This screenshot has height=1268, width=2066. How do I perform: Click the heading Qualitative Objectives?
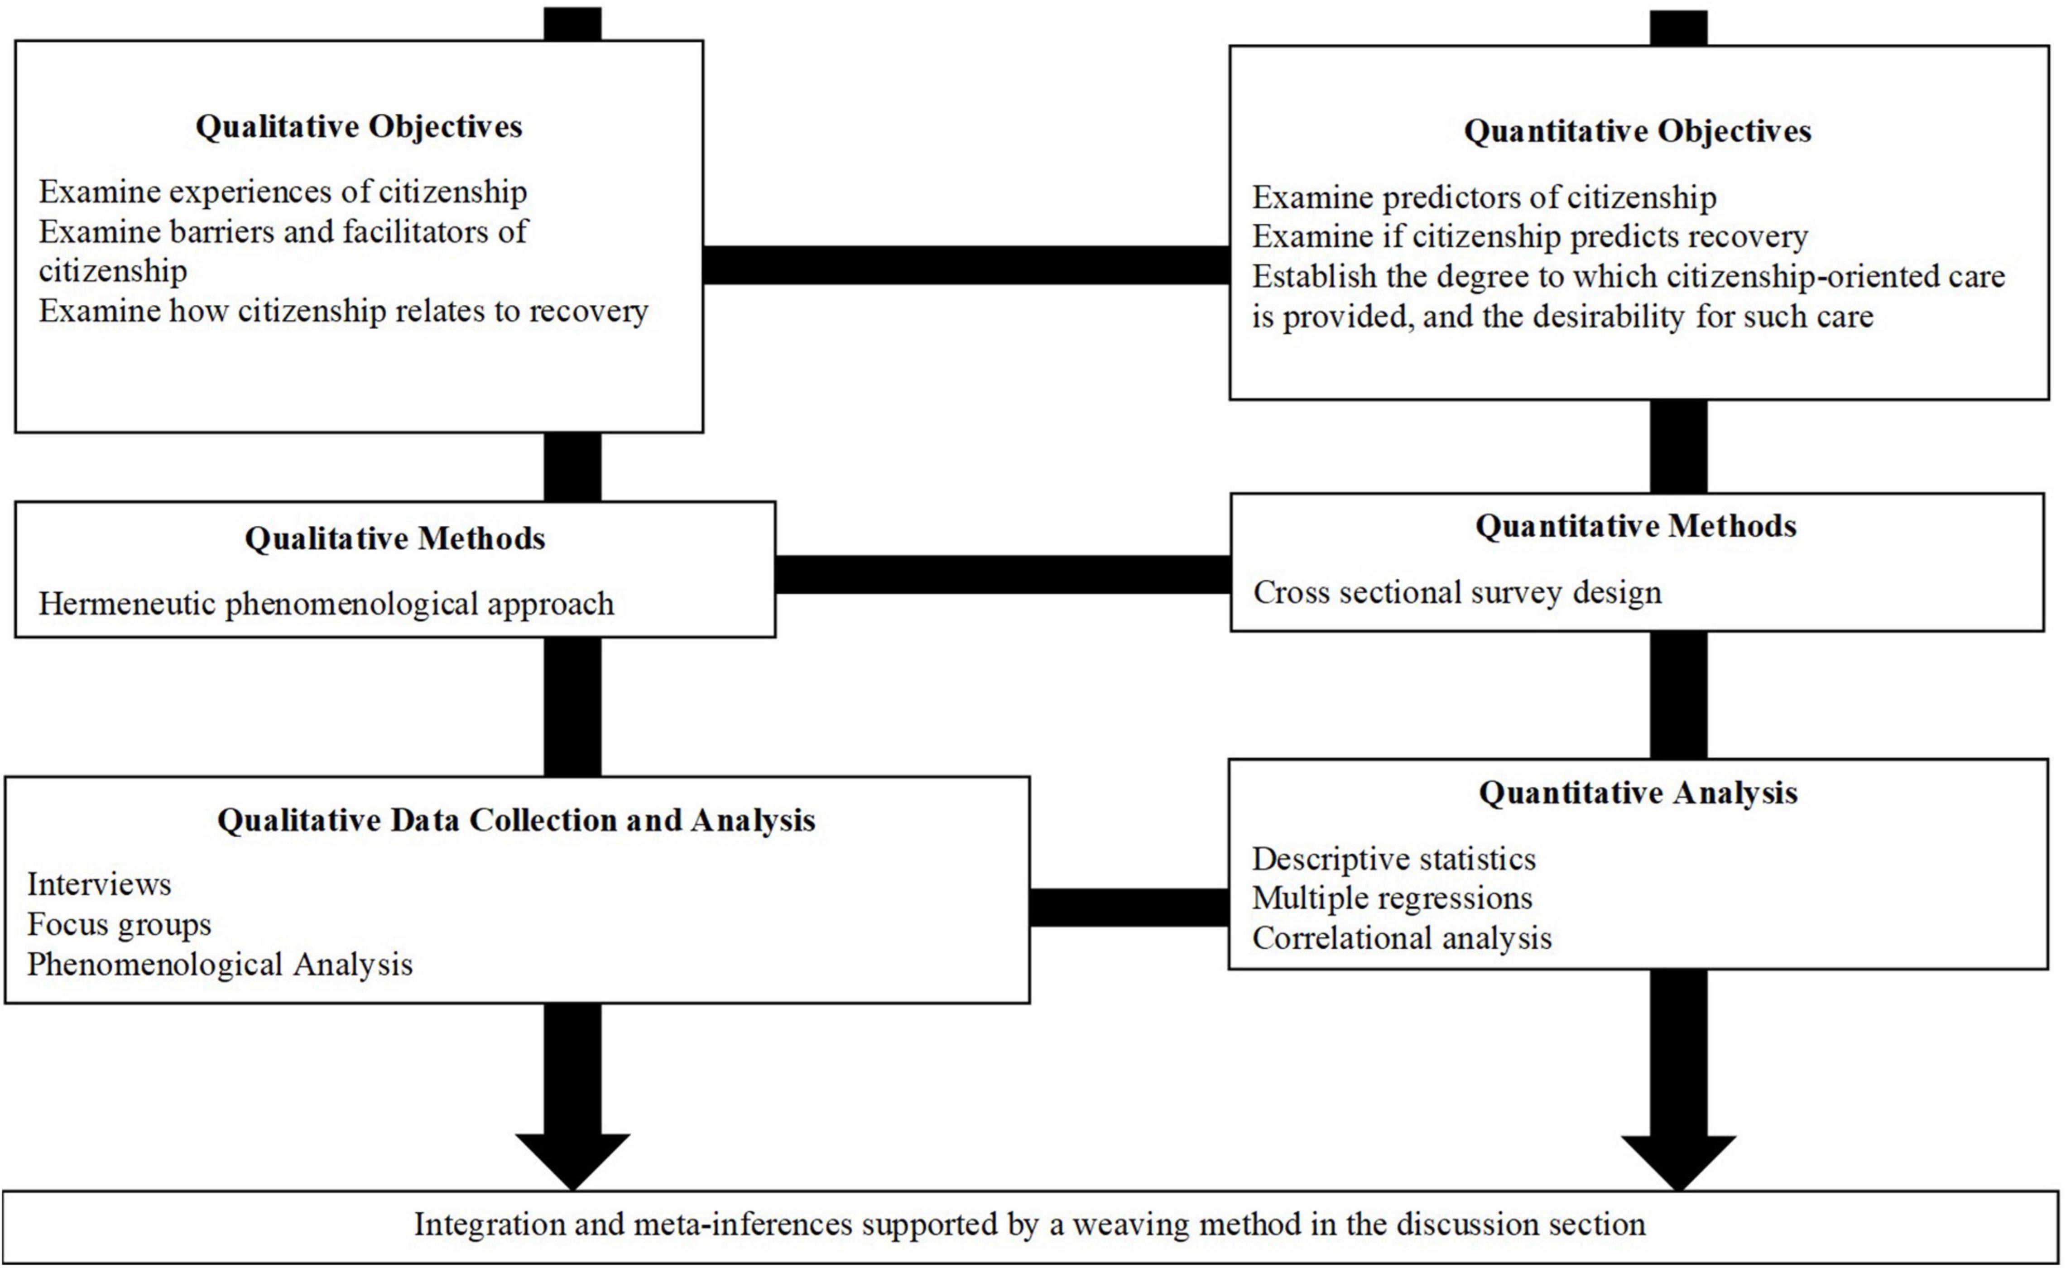coord(359,127)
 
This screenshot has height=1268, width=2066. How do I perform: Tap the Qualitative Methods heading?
coord(395,538)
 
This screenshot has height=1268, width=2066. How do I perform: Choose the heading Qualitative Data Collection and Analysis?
coord(516,820)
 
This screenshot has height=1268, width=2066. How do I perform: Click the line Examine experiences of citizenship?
coord(283,192)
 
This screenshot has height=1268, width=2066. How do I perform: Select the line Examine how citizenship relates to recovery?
coord(343,311)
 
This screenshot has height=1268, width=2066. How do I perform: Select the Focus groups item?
coord(119,924)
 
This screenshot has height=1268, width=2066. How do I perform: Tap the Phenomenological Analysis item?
coord(220,965)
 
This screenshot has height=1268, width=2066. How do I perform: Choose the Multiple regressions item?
coord(1392,898)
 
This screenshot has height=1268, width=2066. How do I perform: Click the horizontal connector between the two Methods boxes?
coord(1002,575)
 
